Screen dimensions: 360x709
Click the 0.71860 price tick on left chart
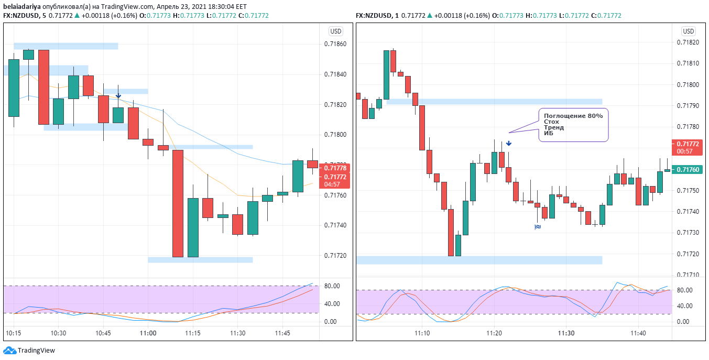pyautogui.click(x=335, y=44)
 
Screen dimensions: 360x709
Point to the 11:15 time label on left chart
pyautogui.click(x=193, y=333)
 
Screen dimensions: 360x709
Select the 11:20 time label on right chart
pyautogui.click(x=494, y=333)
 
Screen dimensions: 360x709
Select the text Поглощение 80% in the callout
pyautogui.click(x=573, y=116)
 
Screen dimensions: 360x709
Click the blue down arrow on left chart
pyautogui.click(x=118, y=96)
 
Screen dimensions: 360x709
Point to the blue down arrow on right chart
pyautogui.click(x=508, y=143)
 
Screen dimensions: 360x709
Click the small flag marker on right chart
pyautogui.click(x=538, y=227)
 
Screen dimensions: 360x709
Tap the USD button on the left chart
pyautogui.click(x=335, y=31)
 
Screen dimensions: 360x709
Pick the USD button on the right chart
pyautogui.click(x=689, y=31)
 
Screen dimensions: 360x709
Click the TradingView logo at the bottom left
pyautogui.click(x=29, y=351)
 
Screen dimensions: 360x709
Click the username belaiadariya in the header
pyautogui.click(x=22, y=6)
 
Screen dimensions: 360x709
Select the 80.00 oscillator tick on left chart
pyautogui.click(x=331, y=286)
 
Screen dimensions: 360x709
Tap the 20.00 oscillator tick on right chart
pyautogui.click(x=684, y=314)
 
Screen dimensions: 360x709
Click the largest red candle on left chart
pyautogui.click(x=178, y=203)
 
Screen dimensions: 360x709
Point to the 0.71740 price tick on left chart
pyautogui.click(x=335, y=225)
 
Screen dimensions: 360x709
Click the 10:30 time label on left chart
pyautogui.click(x=58, y=333)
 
